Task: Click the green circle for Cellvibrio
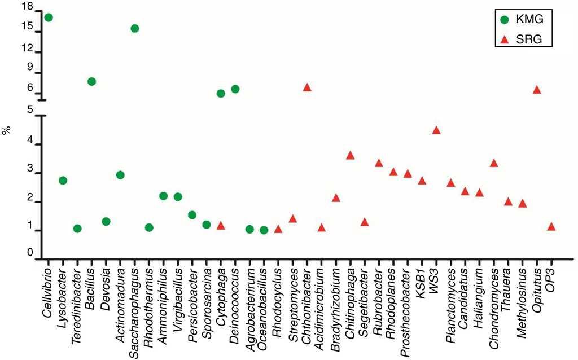point(49,17)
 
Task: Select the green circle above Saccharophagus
point(134,28)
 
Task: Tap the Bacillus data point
point(91,81)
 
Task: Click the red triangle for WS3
point(436,130)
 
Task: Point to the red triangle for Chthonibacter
point(307,87)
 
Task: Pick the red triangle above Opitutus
point(537,90)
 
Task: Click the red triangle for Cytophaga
point(221,226)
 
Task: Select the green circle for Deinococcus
point(235,89)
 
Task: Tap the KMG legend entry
point(523,19)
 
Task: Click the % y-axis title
point(7,131)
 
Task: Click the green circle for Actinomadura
point(120,175)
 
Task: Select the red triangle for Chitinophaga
point(350,155)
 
